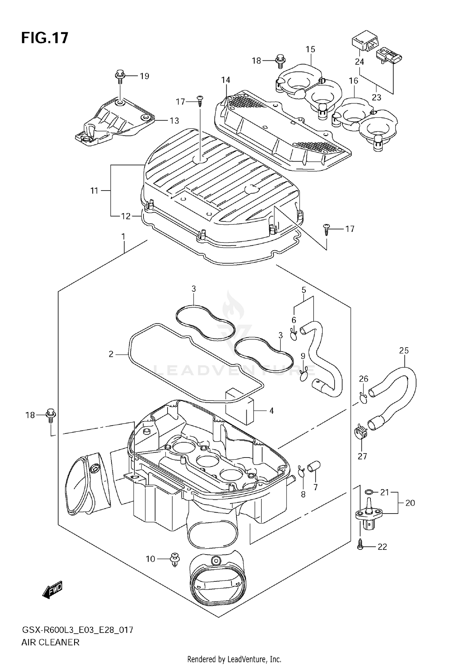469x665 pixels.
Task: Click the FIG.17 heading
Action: pyautogui.click(x=45, y=38)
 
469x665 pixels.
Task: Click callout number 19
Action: pyautogui.click(x=144, y=76)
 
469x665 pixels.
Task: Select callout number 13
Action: pyautogui.click(x=174, y=120)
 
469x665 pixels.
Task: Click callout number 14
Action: pyautogui.click(x=225, y=80)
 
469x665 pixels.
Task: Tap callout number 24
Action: pyautogui.click(x=359, y=62)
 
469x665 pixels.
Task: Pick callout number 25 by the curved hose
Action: pyautogui.click(x=404, y=350)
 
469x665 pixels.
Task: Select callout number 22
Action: pyautogui.click(x=382, y=547)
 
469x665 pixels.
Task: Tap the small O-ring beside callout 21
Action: pyautogui.click(x=369, y=492)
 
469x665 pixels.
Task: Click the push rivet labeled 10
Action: pyautogui.click(x=175, y=559)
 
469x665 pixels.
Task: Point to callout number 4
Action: pyautogui.click(x=271, y=410)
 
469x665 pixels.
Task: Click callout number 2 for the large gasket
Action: pyautogui.click(x=111, y=354)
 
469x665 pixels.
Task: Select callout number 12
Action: pyautogui.click(x=126, y=216)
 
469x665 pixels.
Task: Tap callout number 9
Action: pyautogui.click(x=303, y=356)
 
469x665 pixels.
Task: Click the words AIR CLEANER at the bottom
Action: pyautogui.click(x=50, y=642)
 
